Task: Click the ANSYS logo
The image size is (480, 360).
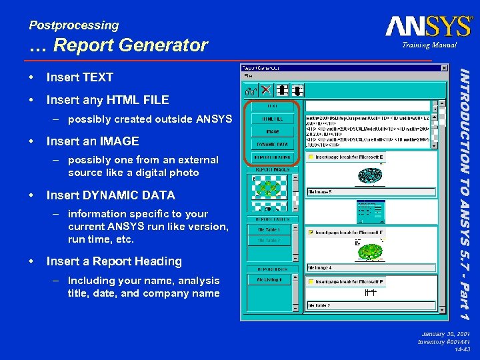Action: tap(428, 27)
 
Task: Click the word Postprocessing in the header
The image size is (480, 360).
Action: tap(73, 25)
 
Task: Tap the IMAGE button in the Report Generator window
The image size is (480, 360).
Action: tap(273, 132)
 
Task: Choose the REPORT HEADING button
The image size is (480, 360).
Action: tap(273, 158)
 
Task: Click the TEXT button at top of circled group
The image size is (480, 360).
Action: tap(273, 105)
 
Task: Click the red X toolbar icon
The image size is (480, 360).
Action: tap(265, 89)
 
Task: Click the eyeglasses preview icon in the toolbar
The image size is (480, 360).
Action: tap(251, 89)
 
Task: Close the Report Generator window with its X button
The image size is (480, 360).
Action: tap(445, 68)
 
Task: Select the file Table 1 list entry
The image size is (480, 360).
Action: tap(269, 229)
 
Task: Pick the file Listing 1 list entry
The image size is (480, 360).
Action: tap(269, 280)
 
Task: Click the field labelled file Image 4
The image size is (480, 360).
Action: tap(369, 268)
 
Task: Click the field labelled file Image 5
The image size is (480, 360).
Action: tap(369, 191)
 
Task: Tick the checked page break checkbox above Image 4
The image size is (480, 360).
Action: tap(311, 233)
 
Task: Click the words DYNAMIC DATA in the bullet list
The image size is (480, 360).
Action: tap(111, 195)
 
